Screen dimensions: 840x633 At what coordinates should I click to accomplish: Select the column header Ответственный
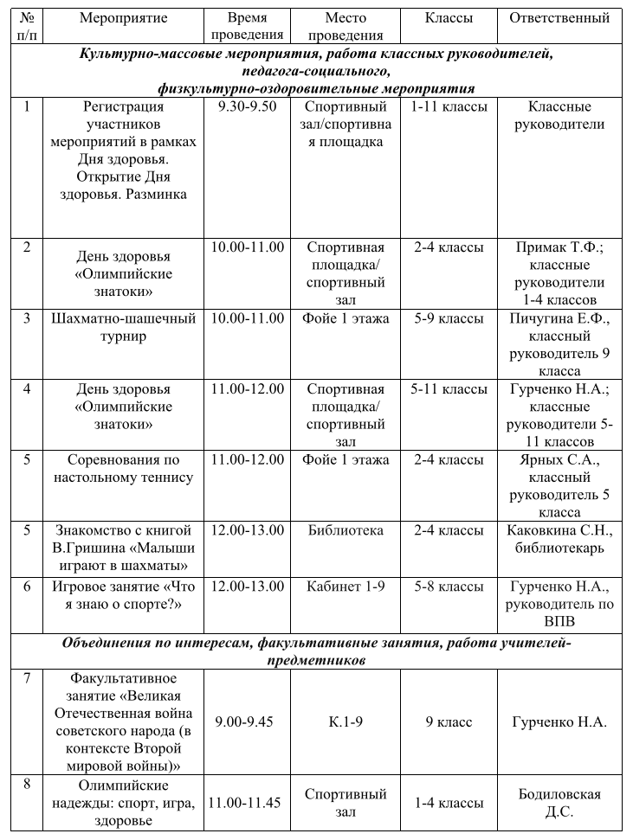559,17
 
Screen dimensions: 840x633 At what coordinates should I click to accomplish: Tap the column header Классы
449,17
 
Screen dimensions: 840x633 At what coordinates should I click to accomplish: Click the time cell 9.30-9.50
247,106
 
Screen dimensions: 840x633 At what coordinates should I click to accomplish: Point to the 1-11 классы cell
449,106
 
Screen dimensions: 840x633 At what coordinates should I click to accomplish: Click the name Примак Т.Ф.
559,247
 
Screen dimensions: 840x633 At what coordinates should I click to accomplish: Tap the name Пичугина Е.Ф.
559,318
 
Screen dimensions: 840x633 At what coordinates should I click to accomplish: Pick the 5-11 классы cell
449,389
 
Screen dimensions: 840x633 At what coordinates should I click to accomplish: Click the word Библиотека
346,530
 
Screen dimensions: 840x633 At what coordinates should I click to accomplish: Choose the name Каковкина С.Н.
559,530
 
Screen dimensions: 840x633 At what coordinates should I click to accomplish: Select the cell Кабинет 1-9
346,587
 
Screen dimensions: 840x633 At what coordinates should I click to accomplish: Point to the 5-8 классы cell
449,587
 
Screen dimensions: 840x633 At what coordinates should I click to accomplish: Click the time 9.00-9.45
247,721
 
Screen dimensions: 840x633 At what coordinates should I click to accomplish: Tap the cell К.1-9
346,721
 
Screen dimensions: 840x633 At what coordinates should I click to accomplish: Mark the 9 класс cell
449,721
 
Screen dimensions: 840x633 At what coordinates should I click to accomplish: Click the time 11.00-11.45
247,802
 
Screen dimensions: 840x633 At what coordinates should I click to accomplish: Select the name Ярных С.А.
559,460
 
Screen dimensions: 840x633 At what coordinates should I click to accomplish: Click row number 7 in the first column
27,677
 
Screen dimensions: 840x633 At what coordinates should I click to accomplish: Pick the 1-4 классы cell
449,802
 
